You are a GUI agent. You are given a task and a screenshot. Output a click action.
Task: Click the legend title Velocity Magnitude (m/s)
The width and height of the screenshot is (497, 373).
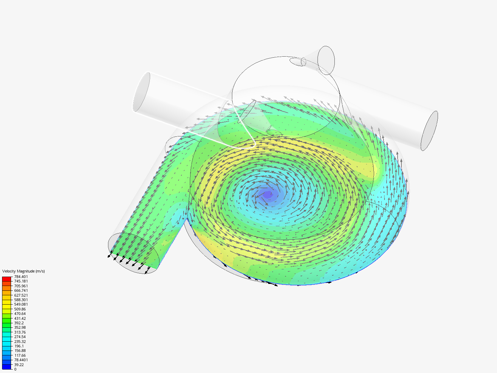(23, 271)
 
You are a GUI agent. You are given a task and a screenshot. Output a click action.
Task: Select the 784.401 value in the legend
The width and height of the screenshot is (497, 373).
(21, 277)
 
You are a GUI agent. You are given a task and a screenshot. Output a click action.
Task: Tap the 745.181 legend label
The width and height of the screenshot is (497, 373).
(21, 281)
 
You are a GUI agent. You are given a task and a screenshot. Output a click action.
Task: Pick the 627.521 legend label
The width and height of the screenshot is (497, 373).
(21, 295)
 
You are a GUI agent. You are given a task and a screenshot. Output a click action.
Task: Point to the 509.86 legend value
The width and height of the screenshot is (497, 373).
(20, 309)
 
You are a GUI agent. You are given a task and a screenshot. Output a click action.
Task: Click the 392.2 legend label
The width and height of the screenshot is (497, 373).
(19, 323)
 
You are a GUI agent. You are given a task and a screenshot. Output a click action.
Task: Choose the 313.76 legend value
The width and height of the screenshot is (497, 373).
(20, 332)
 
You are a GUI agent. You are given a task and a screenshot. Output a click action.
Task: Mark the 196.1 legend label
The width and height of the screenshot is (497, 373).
(19, 346)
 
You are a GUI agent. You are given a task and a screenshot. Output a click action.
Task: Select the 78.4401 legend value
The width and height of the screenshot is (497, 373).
(21, 360)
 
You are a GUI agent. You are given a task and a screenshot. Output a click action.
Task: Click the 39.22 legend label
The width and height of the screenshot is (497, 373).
(19, 365)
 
